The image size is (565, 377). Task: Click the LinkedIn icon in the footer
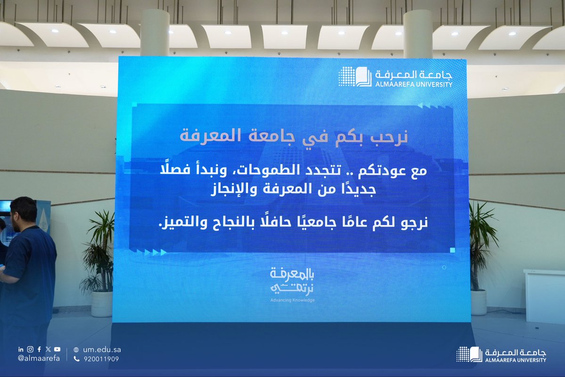21,349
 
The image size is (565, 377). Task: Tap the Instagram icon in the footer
30,349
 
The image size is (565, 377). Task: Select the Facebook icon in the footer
39,349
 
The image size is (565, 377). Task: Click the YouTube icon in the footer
57,349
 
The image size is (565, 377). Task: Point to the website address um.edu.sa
102,350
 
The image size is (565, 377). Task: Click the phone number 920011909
101,359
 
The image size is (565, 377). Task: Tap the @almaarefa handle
39,358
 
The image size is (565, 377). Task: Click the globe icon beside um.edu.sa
76,350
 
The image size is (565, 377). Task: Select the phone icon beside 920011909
76,359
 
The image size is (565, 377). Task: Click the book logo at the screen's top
355,76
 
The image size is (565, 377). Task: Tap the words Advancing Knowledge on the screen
293,300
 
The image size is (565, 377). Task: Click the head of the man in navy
24,214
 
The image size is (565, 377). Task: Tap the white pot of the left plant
102,304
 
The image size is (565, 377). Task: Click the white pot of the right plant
478,302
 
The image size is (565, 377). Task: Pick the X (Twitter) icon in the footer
48,349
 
